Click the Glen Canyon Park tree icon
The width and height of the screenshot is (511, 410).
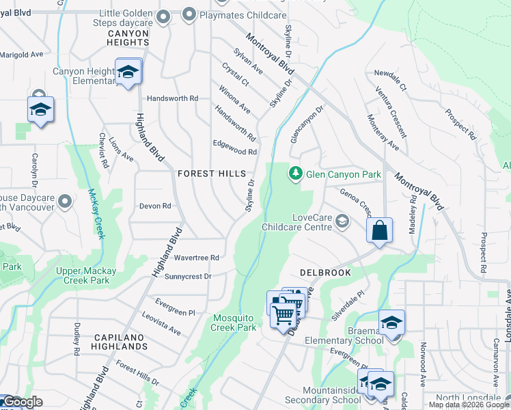click(x=295, y=174)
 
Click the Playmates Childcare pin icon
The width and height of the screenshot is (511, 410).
click(x=189, y=14)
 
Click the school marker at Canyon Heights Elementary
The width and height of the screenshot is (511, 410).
click(x=127, y=72)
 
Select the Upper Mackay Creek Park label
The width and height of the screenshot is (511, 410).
click(x=86, y=275)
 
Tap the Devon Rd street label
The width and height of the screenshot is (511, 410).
click(x=154, y=206)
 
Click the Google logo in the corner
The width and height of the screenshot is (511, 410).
click(x=22, y=402)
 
